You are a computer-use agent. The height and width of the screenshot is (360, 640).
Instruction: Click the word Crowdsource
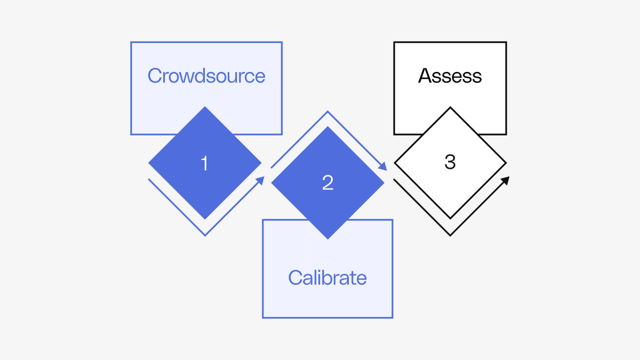tap(206, 76)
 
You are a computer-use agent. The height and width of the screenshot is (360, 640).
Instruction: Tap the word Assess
tap(450, 76)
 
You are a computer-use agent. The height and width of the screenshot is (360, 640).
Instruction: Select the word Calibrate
tap(327, 277)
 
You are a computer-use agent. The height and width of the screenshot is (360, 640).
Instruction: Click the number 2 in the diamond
tap(327, 183)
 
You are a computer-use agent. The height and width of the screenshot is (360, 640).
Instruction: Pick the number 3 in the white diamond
tap(450, 162)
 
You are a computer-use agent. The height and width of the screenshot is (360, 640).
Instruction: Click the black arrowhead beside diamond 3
tap(505, 180)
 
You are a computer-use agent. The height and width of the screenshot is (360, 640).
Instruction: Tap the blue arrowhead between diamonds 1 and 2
tap(260, 181)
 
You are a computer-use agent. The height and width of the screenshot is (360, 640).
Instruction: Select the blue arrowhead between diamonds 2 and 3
tap(383, 166)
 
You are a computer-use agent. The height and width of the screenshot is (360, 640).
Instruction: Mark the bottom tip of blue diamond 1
tap(205, 219)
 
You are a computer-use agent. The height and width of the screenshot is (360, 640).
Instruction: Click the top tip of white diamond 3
tap(450, 108)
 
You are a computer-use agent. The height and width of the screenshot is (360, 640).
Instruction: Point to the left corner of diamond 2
tap(272, 183)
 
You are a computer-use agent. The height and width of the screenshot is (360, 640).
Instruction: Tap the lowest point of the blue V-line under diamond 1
tap(205, 235)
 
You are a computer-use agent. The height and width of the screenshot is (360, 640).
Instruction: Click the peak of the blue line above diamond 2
tap(327, 111)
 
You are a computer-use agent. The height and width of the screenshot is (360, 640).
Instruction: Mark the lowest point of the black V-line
tap(451, 235)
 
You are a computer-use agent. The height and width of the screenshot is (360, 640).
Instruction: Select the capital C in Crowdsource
tap(154, 76)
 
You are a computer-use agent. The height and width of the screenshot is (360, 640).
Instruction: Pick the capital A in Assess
tap(425, 76)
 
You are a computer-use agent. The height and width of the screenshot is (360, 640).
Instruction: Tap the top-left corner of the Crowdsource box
tap(131, 43)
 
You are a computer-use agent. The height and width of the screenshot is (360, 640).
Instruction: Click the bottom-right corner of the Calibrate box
tap(393, 317)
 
